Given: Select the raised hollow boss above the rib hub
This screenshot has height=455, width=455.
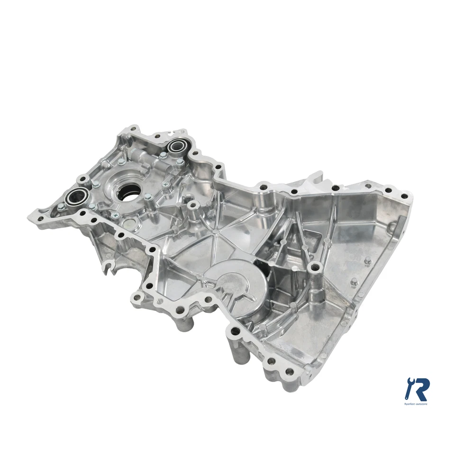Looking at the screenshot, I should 192,205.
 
